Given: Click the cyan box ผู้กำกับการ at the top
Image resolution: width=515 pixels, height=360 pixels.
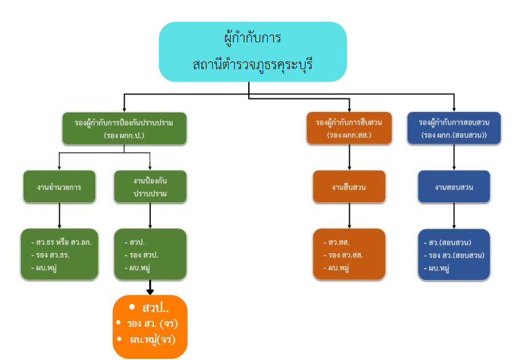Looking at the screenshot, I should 253,51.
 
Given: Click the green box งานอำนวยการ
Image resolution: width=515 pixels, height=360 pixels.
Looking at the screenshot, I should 59,186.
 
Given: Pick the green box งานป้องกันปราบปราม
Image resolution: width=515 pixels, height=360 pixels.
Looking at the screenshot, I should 150,186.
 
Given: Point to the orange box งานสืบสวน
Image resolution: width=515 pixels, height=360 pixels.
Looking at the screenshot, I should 349,186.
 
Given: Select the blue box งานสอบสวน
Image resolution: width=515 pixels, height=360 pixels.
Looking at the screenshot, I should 453,186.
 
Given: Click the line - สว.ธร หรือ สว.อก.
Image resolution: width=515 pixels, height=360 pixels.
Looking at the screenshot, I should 61,242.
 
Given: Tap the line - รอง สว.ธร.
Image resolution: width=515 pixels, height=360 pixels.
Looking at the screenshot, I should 54,255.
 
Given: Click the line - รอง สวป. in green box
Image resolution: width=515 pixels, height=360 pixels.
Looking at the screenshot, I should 143,255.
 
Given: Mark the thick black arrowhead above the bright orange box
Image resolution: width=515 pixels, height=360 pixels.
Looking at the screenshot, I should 150,291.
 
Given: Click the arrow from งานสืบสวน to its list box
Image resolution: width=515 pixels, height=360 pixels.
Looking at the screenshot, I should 349,215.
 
